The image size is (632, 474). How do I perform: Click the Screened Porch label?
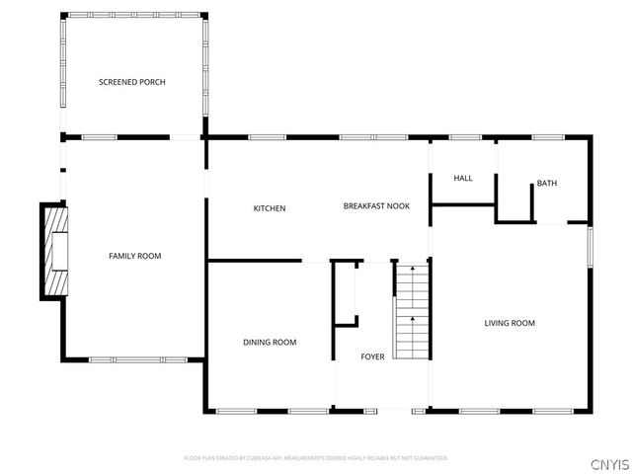[131, 81]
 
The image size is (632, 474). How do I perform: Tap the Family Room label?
[134, 256]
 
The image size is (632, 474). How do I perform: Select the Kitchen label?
[270, 208]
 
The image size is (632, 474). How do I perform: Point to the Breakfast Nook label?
[376, 205]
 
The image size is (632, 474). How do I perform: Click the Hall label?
[463, 178]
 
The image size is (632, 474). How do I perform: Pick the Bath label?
[547, 184]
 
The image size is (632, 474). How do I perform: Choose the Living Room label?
[510, 323]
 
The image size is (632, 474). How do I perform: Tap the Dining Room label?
[270, 342]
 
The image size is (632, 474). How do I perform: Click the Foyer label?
[372, 356]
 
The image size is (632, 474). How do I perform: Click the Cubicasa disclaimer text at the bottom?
[316, 458]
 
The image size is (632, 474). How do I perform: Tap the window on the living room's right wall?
[590, 247]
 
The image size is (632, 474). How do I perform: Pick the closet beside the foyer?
[345, 292]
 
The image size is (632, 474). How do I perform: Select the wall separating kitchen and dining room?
[255, 262]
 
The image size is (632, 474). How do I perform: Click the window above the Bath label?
[546, 136]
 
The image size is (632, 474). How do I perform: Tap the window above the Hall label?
[464, 136]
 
